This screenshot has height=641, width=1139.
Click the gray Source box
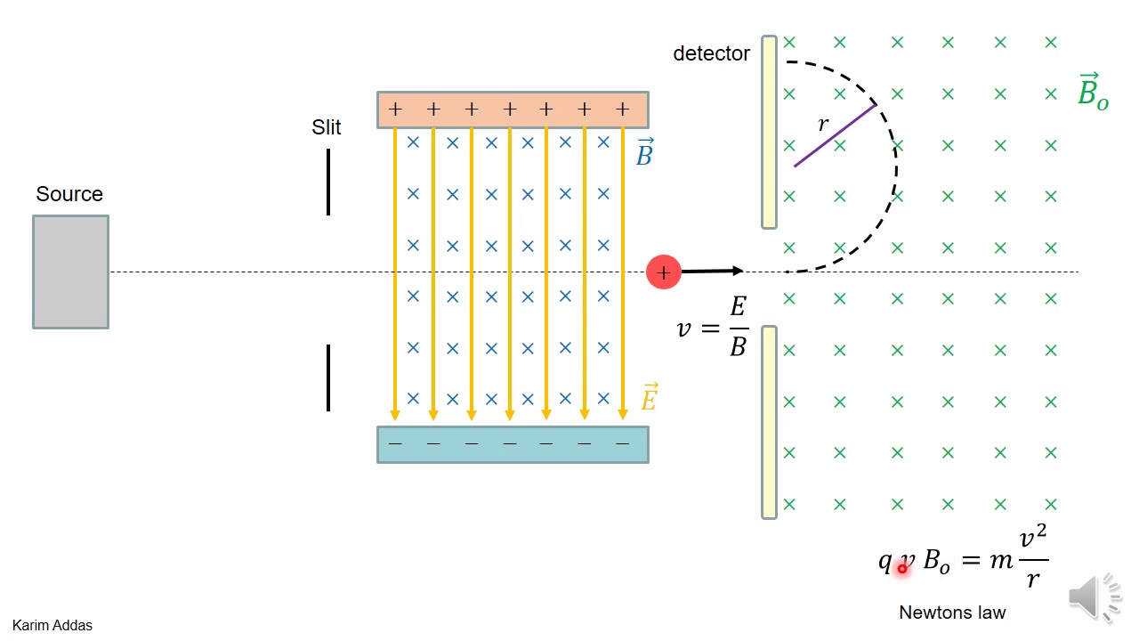[x=70, y=272]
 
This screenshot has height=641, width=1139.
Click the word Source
[x=69, y=194]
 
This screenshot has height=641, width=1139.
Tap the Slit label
[x=326, y=127]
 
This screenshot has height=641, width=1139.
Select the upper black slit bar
[x=328, y=182]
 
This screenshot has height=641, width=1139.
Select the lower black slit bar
[x=328, y=377]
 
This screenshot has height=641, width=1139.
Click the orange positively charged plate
[x=513, y=110]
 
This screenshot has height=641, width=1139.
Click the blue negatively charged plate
[x=513, y=444]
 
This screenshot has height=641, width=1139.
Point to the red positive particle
[x=663, y=272]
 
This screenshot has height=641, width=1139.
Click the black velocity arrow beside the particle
[x=712, y=271]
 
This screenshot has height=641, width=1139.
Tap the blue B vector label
[x=644, y=153]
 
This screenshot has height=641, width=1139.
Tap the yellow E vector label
[x=649, y=397]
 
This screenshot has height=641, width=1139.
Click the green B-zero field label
[x=1092, y=92]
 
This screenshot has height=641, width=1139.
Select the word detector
[x=711, y=53]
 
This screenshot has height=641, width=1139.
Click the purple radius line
[x=835, y=135]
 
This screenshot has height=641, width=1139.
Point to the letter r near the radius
[x=822, y=125]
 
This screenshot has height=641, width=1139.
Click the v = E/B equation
[x=713, y=328]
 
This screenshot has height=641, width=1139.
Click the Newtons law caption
[x=952, y=613]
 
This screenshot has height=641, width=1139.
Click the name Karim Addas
[x=53, y=625]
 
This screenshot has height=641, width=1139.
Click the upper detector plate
[x=769, y=132]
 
